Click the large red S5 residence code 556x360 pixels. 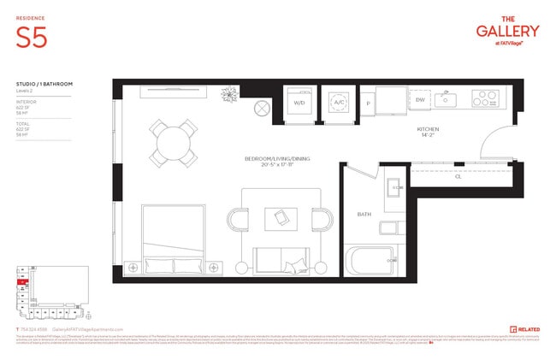pyautogui.click(x=32, y=38)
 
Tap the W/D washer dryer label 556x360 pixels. pyautogui.click(x=299, y=103)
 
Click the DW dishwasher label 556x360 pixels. pyautogui.click(x=420, y=100)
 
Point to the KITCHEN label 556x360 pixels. pyautogui.click(x=429, y=129)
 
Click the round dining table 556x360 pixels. pyautogui.click(x=174, y=141)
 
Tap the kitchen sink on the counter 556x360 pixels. pyautogui.click(x=446, y=100)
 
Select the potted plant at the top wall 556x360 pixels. pyautogui.click(x=228, y=91)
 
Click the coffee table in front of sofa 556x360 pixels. pyautogui.click(x=280, y=220)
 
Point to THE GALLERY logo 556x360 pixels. pyautogui.click(x=507, y=32)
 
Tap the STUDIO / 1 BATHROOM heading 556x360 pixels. pyautogui.click(x=44, y=84)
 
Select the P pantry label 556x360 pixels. pyautogui.click(x=369, y=103)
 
